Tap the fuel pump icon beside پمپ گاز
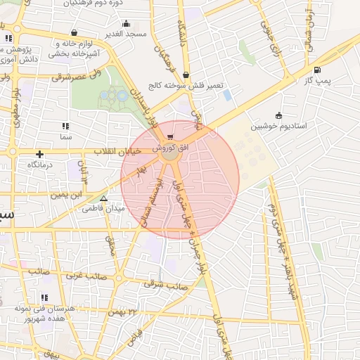318,70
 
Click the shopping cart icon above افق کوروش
170,136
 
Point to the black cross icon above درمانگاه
40,154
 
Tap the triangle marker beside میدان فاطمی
104,199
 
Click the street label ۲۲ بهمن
134,311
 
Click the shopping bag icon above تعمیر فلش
185,74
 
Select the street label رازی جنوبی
267,32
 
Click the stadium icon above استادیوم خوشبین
279,115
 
